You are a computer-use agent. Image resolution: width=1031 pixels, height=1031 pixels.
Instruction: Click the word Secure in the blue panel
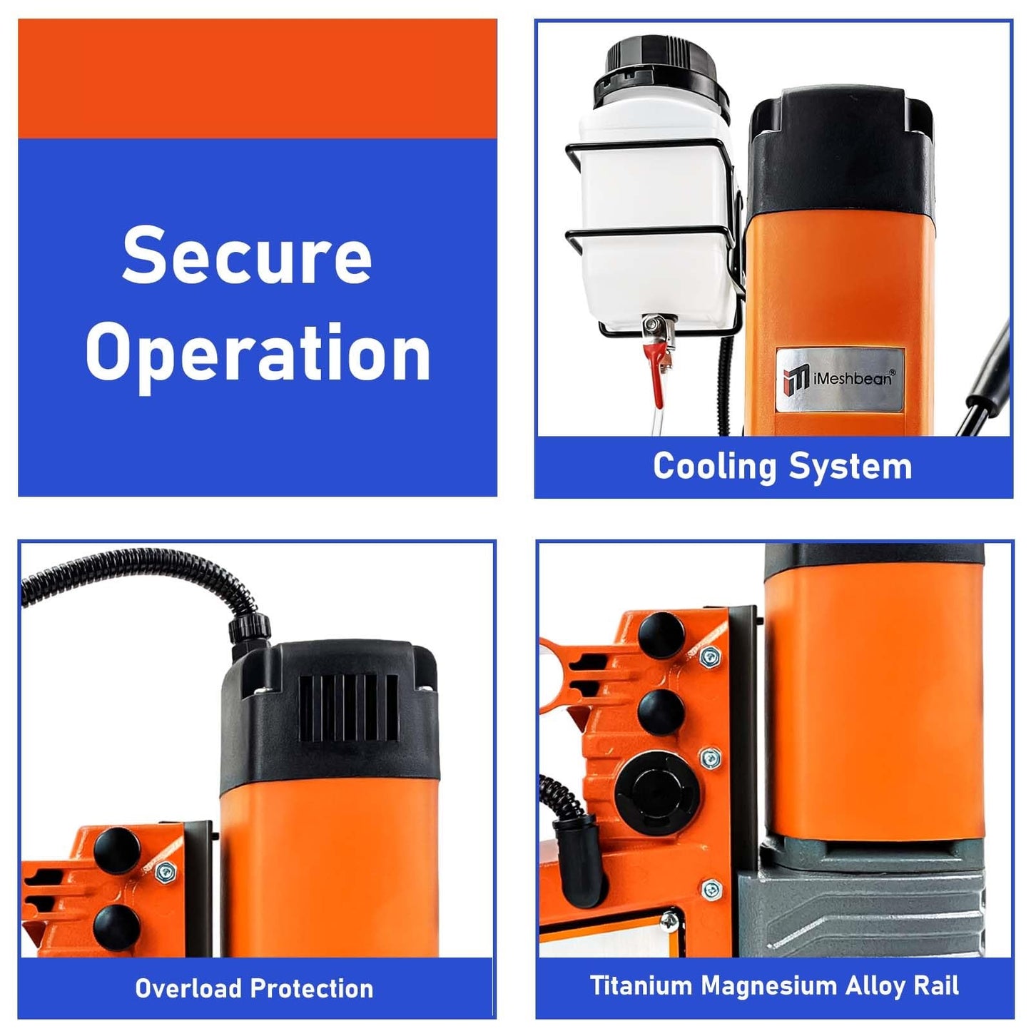[247, 255]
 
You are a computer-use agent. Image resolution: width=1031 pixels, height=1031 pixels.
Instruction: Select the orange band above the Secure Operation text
[258, 78]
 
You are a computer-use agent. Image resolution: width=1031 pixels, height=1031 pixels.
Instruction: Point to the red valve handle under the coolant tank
[660, 375]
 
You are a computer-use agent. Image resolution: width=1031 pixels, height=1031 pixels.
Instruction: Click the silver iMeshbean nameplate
[840, 380]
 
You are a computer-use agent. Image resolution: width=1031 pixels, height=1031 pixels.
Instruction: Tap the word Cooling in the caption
[713, 467]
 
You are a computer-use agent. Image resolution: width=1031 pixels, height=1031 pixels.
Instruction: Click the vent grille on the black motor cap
[348, 708]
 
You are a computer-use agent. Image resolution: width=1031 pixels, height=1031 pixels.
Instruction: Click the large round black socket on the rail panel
[657, 794]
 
